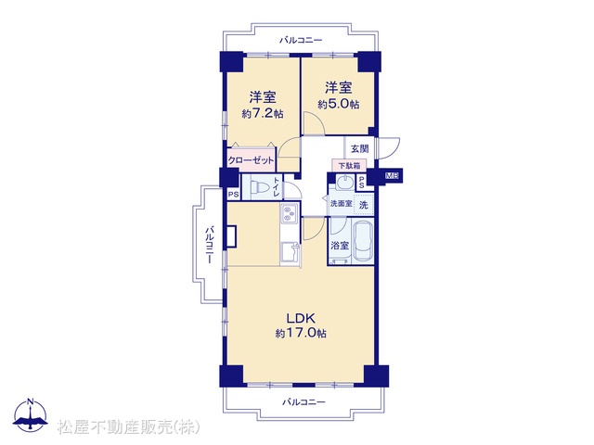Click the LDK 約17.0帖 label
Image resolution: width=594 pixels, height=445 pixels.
pyautogui.click(x=301, y=325)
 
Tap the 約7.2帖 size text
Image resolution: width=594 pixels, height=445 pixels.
pyautogui.click(x=262, y=113)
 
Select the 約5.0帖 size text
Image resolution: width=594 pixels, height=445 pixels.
pyautogui.click(x=338, y=104)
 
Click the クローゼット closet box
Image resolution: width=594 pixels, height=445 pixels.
pyautogui.click(x=251, y=160)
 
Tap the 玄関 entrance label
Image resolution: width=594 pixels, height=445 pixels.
pyautogui.click(x=359, y=148)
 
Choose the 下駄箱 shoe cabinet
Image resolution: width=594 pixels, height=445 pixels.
pyautogui.click(x=349, y=165)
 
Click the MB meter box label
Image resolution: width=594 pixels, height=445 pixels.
pyautogui.click(x=394, y=175)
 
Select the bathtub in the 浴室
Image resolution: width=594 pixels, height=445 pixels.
pyautogui.click(x=363, y=242)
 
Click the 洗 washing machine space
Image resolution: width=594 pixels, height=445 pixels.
pyautogui.click(x=363, y=205)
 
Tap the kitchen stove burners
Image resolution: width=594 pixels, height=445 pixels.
pyautogui.click(x=289, y=213)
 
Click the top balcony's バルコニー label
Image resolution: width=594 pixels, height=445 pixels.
pyautogui.click(x=301, y=40)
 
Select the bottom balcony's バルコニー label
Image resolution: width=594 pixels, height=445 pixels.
pyautogui.click(x=303, y=401)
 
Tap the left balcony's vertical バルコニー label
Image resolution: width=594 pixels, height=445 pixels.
pyautogui.click(x=210, y=245)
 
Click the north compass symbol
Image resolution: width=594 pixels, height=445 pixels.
pyautogui.click(x=31, y=415)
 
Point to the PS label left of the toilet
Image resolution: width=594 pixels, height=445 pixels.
pyautogui.click(x=234, y=195)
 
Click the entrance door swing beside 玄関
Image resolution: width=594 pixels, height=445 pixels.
pyautogui.click(x=389, y=148)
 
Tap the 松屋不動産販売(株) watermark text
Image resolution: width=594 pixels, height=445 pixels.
pyautogui.click(x=128, y=427)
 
